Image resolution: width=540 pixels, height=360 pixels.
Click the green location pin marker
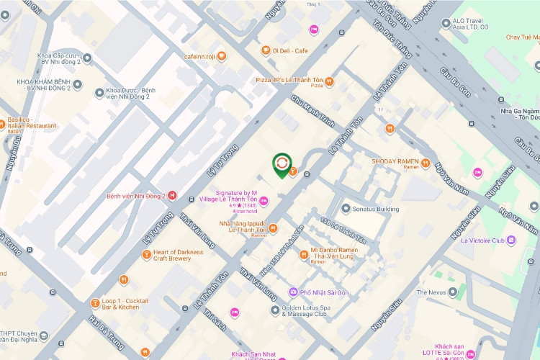point(281,164)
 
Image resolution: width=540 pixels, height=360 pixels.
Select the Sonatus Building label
point(375,209)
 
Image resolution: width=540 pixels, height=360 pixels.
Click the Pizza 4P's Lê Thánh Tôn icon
point(329,81)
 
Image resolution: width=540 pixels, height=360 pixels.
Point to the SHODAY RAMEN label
point(395,162)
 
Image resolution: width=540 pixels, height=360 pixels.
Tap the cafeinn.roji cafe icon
point(222,55)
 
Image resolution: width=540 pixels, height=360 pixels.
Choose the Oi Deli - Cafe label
point(290,50)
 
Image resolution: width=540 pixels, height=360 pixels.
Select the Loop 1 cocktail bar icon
point(94,302)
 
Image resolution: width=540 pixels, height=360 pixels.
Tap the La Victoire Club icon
point(511,240)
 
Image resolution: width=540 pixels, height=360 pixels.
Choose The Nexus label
point(431,293)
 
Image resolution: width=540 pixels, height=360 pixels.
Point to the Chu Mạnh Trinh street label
point(313,112)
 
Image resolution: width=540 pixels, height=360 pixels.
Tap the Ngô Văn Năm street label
point(452,179)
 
